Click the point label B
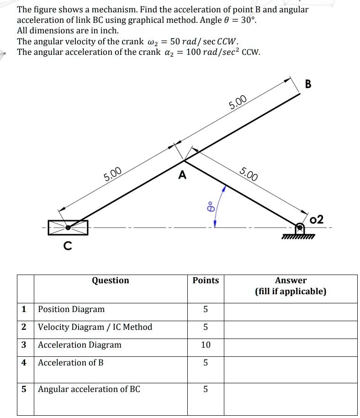click(307, 84)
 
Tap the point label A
click(182, 175)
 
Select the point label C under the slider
click(68, 246)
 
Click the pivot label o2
click(316, 219)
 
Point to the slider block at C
click(68, 227)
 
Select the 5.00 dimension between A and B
click(238, 102)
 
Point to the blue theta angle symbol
click(211, 206)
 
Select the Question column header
click(111, 280)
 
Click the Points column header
click(206, 280)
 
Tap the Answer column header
click(291, 286)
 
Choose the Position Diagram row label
click(71, 309)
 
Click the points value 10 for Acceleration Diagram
click(206, 345)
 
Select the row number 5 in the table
click(24, 389)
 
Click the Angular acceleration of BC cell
click(89, 389)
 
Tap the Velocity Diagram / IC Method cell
click(95, 327)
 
